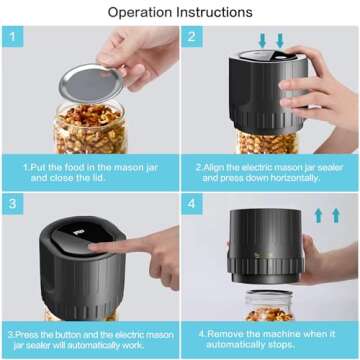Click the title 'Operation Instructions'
coord(180,12)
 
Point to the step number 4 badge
coord(191,202)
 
